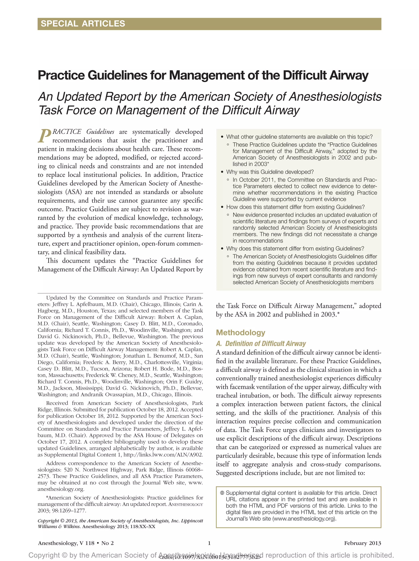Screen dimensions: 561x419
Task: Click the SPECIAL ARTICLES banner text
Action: [83, 24]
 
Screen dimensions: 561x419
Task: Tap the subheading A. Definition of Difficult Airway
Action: [261, 343]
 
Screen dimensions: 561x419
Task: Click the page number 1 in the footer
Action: [209, 543]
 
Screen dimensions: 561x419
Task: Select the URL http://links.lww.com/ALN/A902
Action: [163, 455]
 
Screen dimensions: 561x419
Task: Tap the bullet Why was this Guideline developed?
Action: [270, 172]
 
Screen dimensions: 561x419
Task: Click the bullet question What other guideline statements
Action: [299, 137]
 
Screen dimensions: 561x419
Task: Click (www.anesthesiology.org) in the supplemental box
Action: [304, 519]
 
